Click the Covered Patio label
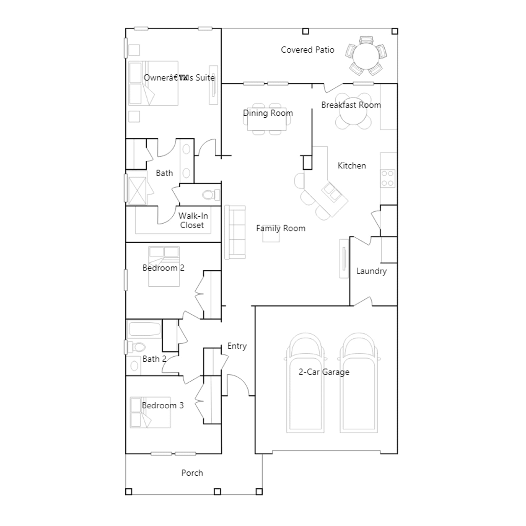pyautogui.click(x=307, y=50)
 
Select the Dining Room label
pyautogui.click(x=268, y=113)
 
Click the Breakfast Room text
pyautogui.click(x=351, y=105)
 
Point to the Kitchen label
pyautogui.click(x=352, y=166)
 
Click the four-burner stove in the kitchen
pyautogui.click(x=388, y=179)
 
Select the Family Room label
pyautogui.click(x=281, y=228)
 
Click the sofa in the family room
pyautogui.click(x=235, y=232)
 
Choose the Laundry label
pyautogui.click(x=371, y=271)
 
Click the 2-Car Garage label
pyautogui.click(x=324, y=372)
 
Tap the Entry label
pyautogui.click(x=237, y=346)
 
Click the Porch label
pyautogui.click(x=192, y=473)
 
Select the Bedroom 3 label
pyautogui.click(x=163, y=406)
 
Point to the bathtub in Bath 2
pyautogui.click(x=144, y=329)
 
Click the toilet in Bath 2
pyautogui.click(x=137, y=347)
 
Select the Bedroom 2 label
pyautogui.click(x=163, y=268)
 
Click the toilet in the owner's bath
pyautogui.click(x=211, y=195)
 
